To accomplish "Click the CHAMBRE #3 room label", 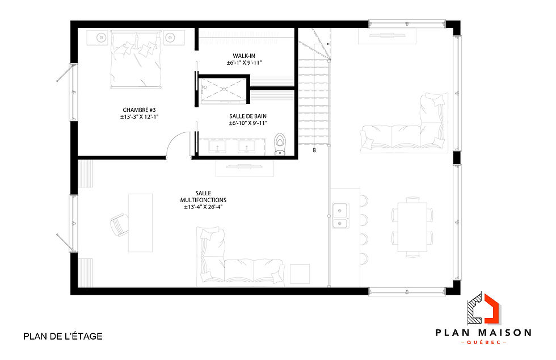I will (139, 110).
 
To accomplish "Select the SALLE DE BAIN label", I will (248, 115).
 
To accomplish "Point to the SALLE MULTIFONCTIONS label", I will (203, 196).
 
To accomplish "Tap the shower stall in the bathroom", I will (222, 90).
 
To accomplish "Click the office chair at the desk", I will (119, 224).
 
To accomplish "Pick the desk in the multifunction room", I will (140, 223).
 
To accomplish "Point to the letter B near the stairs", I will (314, 150).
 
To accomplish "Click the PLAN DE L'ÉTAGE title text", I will (63, 336).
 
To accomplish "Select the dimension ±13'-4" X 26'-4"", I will (203, 207).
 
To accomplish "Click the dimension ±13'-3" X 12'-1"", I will (139, 117).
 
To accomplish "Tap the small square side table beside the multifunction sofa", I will (300, 274).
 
